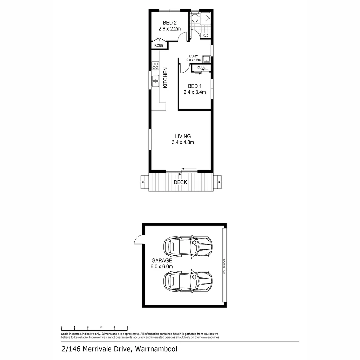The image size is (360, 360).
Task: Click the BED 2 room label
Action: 169,23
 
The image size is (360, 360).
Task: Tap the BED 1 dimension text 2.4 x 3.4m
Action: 195,92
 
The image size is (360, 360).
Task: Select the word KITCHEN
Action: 165,78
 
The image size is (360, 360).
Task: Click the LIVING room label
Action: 183,136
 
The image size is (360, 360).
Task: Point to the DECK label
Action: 180,182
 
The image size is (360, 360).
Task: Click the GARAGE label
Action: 162,261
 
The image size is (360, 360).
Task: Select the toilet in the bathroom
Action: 195,17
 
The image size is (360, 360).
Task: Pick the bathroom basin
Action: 206,35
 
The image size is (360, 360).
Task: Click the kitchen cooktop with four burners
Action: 155,65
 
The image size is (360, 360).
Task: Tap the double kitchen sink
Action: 155,81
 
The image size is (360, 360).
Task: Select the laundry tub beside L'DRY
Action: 207,60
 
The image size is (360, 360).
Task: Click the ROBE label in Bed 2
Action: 159,46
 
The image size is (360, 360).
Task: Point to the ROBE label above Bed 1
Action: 201,67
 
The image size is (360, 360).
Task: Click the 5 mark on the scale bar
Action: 127,327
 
